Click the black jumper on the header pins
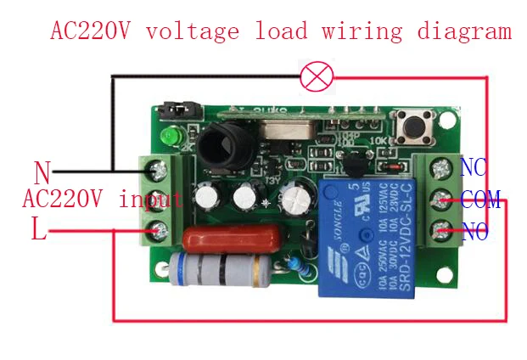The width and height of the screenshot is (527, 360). point(173,110)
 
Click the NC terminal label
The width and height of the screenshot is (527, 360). point(473,167)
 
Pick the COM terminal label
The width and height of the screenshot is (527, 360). point(481,200)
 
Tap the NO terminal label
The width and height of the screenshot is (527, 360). point(474,232)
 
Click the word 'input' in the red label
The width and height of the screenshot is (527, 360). point(151,200)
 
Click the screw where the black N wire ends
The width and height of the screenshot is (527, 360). point(158,171)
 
